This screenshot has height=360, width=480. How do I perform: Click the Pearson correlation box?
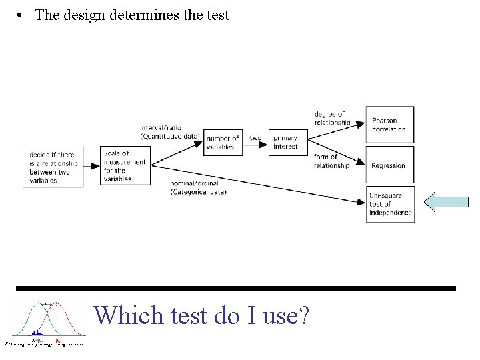pyautogui.click(x=390, y=125)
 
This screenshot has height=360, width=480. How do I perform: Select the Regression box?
pyautogui.click(x=390, y=165)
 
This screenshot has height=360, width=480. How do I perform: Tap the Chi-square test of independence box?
pyautogui.click(x=390, y=204)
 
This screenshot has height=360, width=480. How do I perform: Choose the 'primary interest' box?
pyautogui.click(x=287, y=142)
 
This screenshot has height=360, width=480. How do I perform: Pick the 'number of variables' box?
pyautogui.click(x=223, y=143)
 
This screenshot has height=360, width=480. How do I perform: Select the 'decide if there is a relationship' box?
pyautogui.click(x=53, y=167)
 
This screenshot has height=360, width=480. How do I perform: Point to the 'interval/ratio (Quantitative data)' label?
pyautogui.click(x=170, y=131)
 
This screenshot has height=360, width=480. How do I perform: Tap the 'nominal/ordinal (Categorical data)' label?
pyautogui.click(x=198, y=188)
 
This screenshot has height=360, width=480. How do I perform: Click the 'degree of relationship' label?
pyautogui.click(x=331, y=119)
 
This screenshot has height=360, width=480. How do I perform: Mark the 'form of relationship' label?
pyautogui.click(x=331, y=161)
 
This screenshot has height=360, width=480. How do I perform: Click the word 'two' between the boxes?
pyautogui.click(x=256, y=138)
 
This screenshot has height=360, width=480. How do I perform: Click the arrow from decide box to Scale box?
pyautogui.click(x=92, y=167)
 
